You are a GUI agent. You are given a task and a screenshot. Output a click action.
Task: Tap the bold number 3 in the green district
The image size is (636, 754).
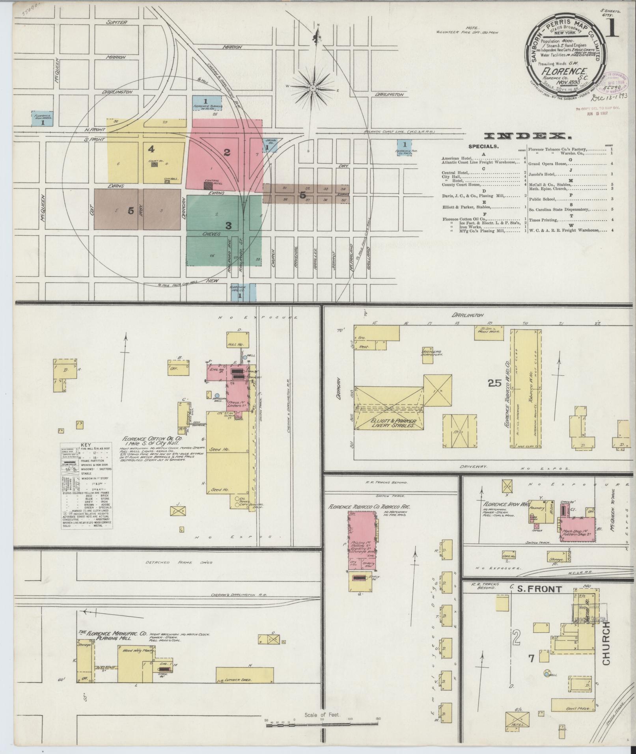click(228, 226)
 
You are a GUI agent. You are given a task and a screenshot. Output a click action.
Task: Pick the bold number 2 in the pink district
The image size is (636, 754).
click(227, 153)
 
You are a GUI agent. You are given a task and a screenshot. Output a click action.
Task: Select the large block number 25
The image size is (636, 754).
click(495, 383)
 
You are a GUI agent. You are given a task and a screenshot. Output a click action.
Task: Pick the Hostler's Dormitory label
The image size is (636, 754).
click(432, 352)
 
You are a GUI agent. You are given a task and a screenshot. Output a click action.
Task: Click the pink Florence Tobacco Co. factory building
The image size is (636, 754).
click(362, 540)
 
